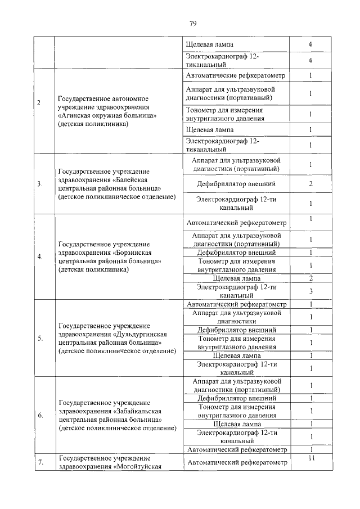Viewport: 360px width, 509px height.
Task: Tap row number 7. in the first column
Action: (x=40, y=463)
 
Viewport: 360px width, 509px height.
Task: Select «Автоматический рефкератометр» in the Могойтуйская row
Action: (x=236, y=463)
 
